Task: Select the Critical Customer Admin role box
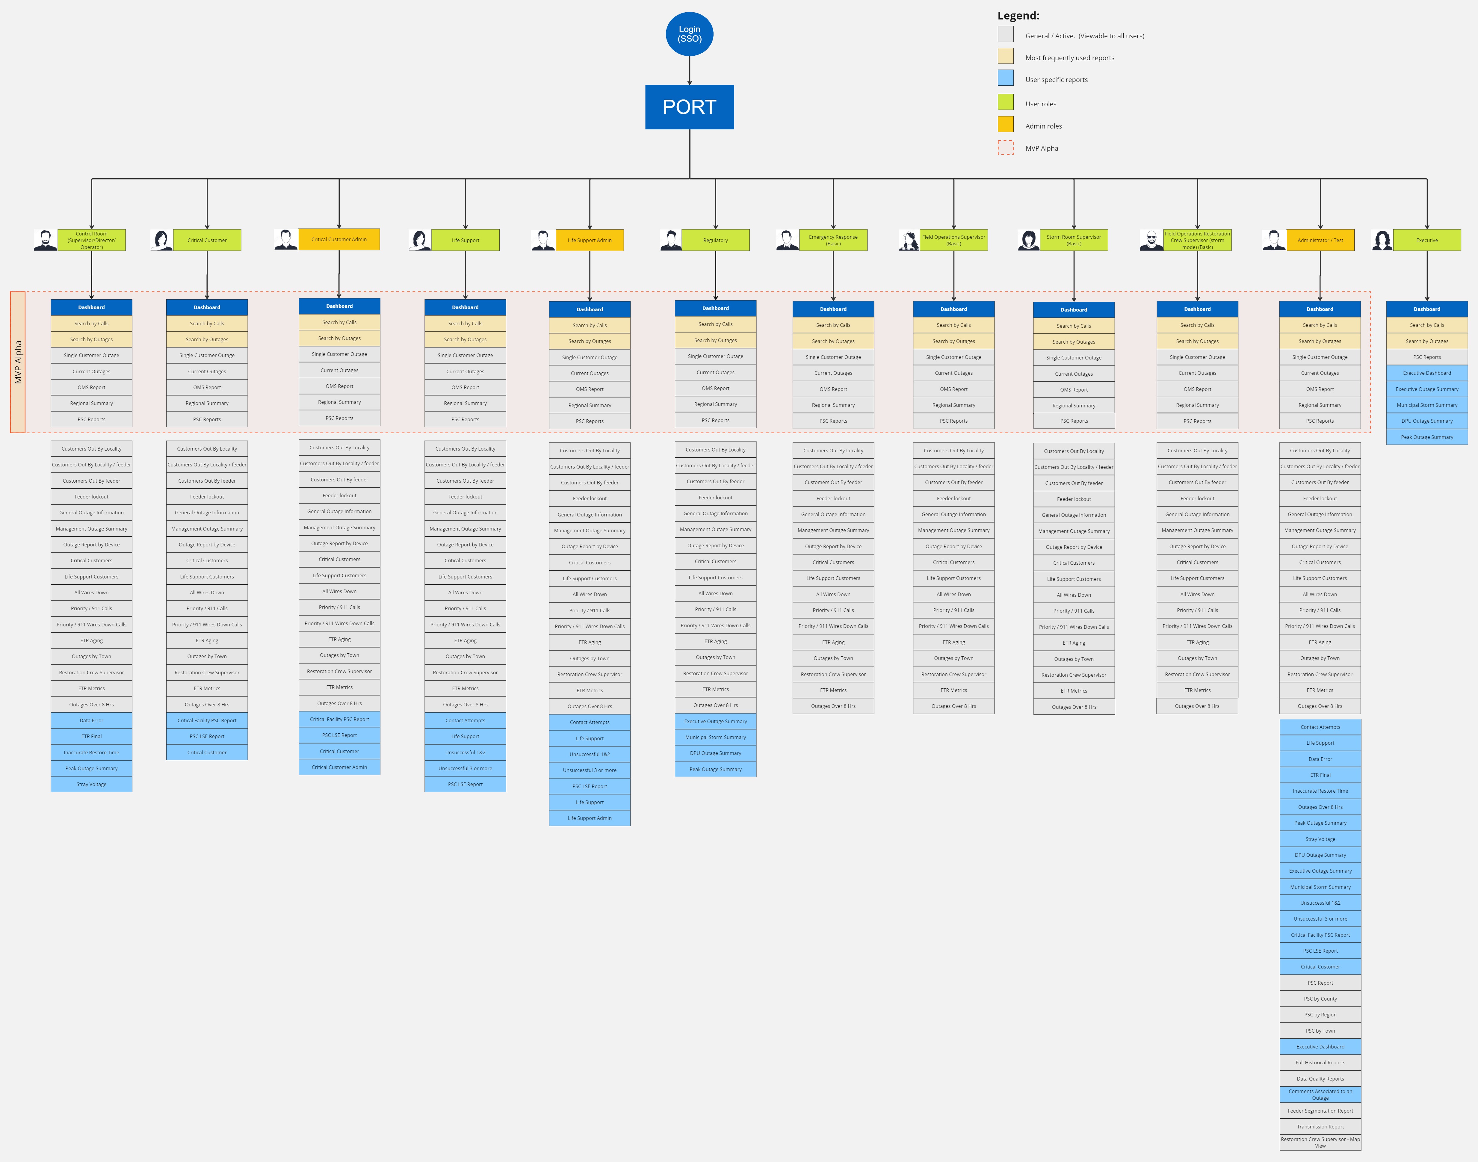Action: (x=339, y=239)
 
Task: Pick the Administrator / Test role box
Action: (x=1320, y=240)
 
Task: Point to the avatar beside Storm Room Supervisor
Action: (x=1028, y=240)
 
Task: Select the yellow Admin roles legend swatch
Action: (x=1005, y=125)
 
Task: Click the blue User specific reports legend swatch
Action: (x=1005, y=78)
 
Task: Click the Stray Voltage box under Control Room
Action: (x=91, y=785)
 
